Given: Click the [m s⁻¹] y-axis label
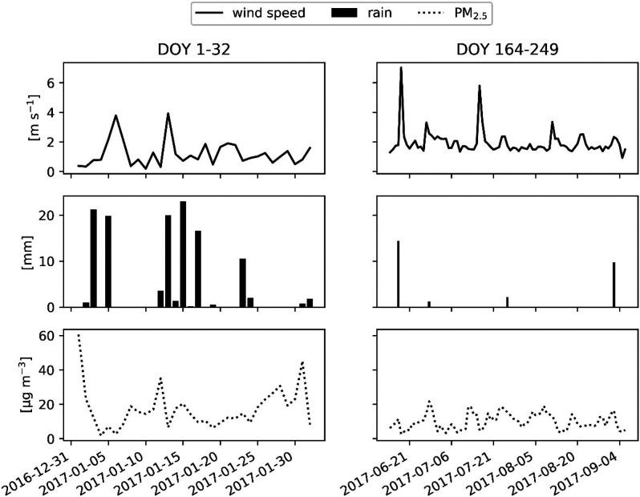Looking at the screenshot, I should [31, 119].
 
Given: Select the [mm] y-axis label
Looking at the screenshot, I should [31, 253].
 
